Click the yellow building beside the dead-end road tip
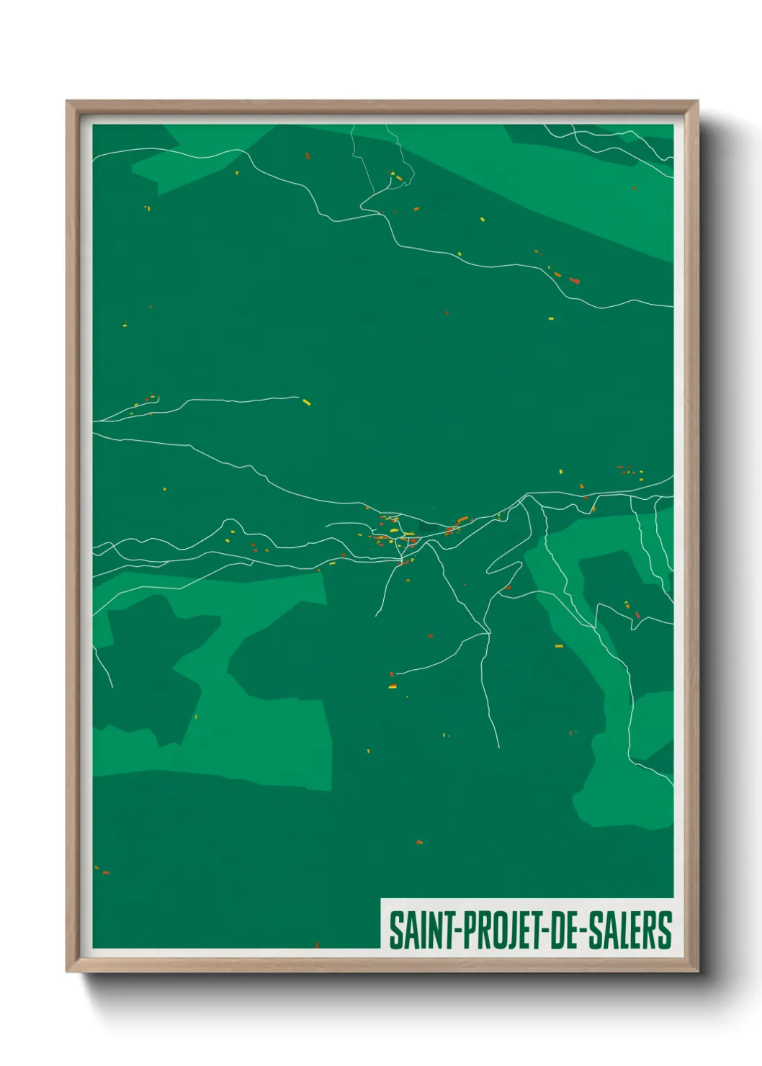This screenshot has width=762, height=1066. click(x=306, y=402)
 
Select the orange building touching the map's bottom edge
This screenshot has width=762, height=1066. click(x=317, y=945)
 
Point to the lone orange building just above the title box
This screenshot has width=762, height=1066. click(x=418, y=841)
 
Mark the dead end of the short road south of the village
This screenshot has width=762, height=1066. click(x=377, y=616)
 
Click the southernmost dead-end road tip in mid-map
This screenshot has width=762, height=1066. click(x=498, y=746)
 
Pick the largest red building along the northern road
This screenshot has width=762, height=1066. click(x=574, y=280)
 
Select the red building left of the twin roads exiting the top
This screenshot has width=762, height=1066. click(x=307, y=156)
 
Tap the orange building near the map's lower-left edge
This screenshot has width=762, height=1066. click(x=105, y=872)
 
